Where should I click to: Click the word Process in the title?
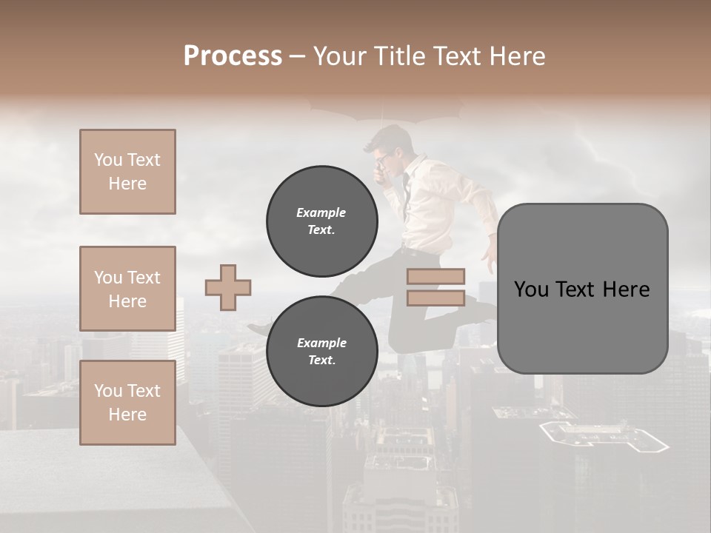tap(233, 56)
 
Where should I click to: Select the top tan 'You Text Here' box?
tap(127, 172)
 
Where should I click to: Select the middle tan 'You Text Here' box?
tap(127, 289)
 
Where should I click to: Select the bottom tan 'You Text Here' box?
tap(127, 403)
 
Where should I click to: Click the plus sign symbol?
tap(228, 287)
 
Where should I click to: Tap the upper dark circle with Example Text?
tap(322, 221)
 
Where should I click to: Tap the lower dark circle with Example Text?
tap(322, 351)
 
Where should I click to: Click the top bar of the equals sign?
tap(435, 276)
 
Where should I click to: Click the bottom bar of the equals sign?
tap(435, 298)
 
